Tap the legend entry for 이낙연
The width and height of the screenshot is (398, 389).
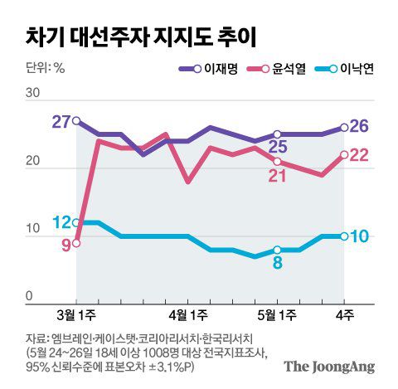[357, 69]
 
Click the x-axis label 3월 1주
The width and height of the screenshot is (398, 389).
[77, 316]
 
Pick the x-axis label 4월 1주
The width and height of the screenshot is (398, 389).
[187, 316]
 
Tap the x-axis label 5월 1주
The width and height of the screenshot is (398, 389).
[277, 316]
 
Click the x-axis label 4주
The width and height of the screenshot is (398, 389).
[343, 316]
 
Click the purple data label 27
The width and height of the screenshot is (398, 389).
[61, 122]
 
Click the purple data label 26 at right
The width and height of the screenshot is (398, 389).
[361, 127]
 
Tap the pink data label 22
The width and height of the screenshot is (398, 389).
[361, 155]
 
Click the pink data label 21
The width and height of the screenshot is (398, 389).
[278, 175]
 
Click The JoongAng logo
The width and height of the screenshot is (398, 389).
[328, 366]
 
